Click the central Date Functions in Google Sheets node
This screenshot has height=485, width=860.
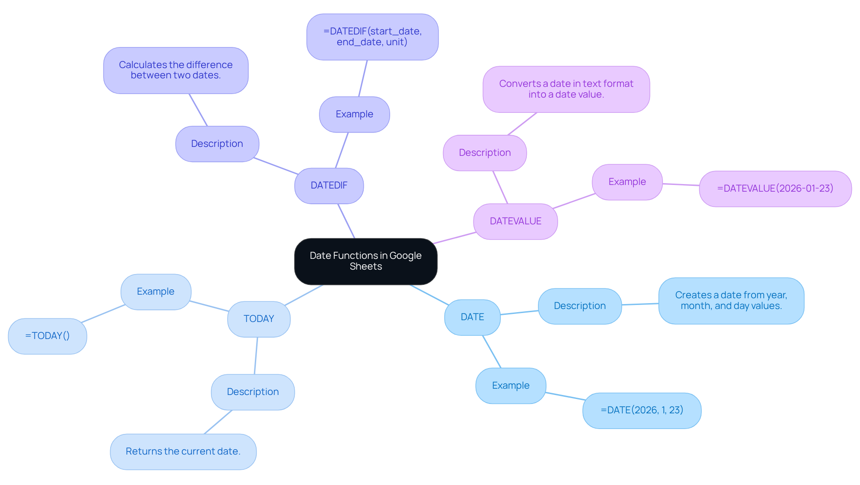coord(365,262)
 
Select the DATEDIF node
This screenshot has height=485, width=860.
coord(329,186)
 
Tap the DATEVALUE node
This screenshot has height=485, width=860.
coord(515,222)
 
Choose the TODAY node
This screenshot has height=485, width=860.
coord(258,319)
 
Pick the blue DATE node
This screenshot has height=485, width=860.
coord(472,318)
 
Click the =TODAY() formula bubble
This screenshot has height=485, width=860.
coord(47,336)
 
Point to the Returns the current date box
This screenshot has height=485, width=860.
coord(183,452)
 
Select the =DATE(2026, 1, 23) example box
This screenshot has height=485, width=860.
coord(641,411)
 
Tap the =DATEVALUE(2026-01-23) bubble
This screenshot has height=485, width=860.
coord(775,189)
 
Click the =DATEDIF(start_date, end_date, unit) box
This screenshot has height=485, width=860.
coord(372,37)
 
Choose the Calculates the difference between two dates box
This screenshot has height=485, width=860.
coord(176,71)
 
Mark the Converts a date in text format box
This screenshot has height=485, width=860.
coord(566,90)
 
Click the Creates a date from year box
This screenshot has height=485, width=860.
coord(731,301)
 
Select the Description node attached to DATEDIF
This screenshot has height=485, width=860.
coord(217,144)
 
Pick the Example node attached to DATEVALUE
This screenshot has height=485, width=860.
coord(627,182)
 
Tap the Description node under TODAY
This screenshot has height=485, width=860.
coord(253,392)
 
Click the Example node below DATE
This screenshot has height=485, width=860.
coord(510,386)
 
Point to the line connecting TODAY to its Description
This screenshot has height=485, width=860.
coord(256,356)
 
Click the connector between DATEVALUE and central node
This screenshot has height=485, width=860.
coord(454,238)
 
